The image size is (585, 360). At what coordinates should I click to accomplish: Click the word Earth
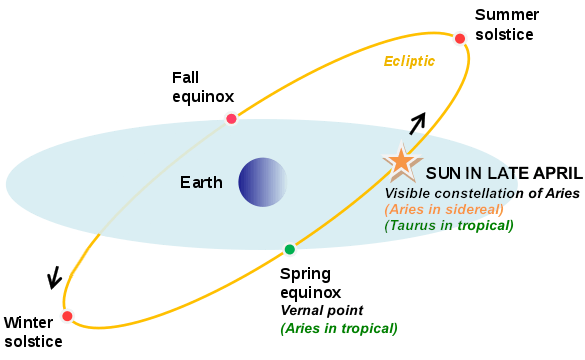(x=201, y=182)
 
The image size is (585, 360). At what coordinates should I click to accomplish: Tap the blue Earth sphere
(x=263, y=182)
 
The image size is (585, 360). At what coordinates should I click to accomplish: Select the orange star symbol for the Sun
(x=401, y=160)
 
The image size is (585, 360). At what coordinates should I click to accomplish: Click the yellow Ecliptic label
(x=409, y=61)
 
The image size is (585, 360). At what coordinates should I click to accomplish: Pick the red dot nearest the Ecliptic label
(x=460, y=39)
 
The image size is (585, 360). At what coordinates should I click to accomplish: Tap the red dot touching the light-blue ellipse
(x=231, y=119)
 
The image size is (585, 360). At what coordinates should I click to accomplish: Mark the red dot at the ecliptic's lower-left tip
(x=67, y=316)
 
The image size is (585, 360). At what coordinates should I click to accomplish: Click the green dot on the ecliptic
(x=289, y=249)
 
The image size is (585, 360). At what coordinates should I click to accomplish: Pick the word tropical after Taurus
(x=484, y=225)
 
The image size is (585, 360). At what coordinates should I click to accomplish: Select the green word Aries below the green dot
(x=304, y=327)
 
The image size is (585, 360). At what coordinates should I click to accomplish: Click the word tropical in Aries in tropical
(x=368, y=327)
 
